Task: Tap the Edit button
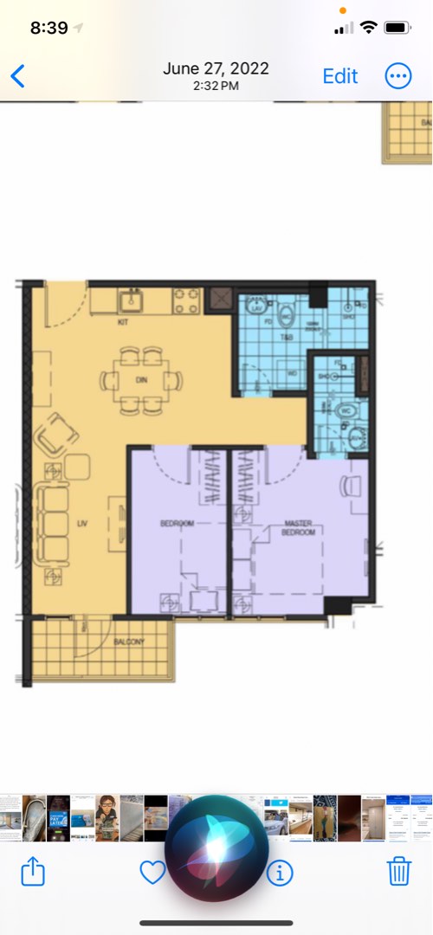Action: click(x=340, y=76)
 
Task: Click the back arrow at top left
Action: click(x=17, y=76)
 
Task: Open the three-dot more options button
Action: click(x=398, y=76)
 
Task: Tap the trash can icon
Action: click(x=398, y=872)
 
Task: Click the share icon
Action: click(x=33, y=872)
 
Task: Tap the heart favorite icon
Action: click(x=152, y=873)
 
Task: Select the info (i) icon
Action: click(x=279, y=873)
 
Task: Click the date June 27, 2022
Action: click(x=216, y=68)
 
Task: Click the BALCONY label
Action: click(x=128, y=642)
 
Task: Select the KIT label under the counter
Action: click(x=123, y=322)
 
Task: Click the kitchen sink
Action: click(x=132, y=300)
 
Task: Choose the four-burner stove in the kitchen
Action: click(x=187, y=300)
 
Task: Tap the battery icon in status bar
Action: click(x=397, y=28)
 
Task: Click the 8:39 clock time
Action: click(x=48, y=28)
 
